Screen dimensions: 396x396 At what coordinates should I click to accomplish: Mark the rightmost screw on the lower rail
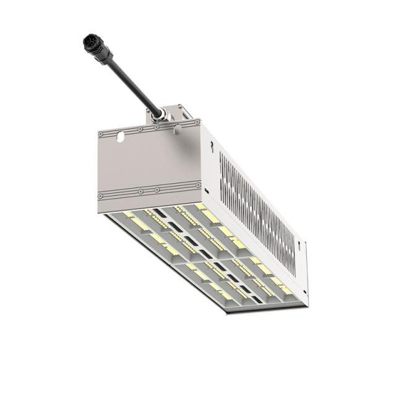(197, 186)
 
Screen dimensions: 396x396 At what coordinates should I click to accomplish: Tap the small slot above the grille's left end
(212, 146)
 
